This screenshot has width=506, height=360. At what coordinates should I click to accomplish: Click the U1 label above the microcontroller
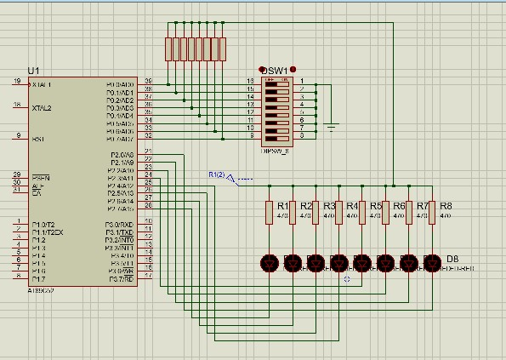click(x=33, y=70)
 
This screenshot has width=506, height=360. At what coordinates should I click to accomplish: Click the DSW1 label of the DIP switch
click(x=275, y=71)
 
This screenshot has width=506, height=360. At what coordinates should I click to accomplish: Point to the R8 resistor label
click(x=446, y=206)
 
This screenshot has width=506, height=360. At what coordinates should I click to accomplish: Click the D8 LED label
click(x=452, y=258)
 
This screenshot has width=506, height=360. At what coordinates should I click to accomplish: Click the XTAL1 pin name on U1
click(x=41, y=85)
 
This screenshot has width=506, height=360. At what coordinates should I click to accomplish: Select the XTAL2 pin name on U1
click(x=41, y=109)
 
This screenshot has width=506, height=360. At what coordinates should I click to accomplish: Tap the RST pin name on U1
click(x=37, y=139)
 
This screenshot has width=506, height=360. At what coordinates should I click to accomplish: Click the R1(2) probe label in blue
click(x=216, y=174)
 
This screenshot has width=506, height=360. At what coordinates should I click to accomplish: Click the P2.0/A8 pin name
click(x=122, y=155)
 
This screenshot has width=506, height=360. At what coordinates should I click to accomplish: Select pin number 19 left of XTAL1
click(x=16, y=82)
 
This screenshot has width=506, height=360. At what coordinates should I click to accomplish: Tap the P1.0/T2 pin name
click(x=43, y=224)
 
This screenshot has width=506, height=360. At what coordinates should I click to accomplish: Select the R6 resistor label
click(x=399, y=206)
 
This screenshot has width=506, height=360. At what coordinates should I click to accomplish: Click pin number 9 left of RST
click(x=18, y=135)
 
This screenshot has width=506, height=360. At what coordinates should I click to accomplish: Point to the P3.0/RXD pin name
click(x=120, y=224)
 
